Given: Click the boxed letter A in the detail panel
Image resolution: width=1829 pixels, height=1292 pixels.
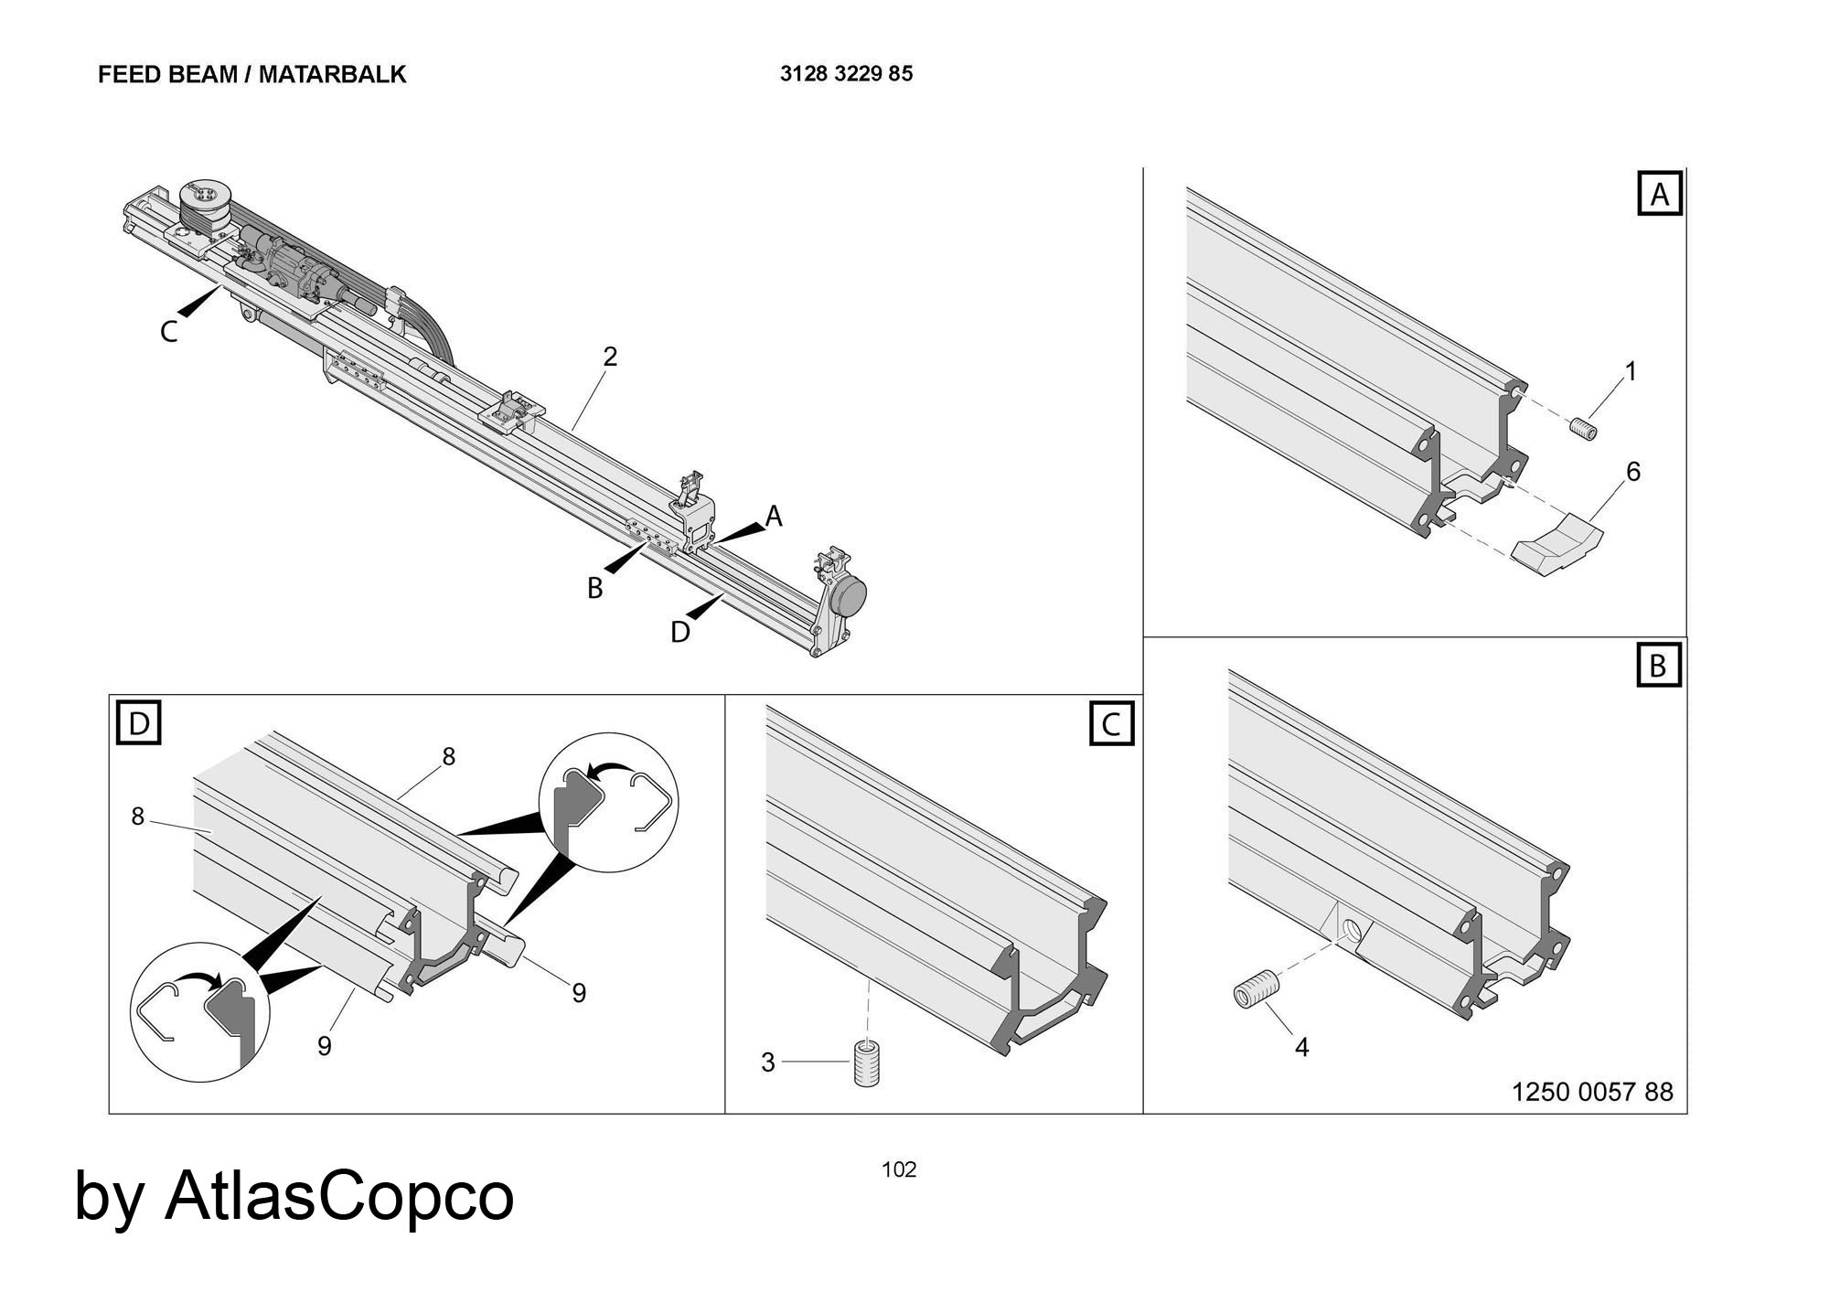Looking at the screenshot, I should (x=1660, y=195).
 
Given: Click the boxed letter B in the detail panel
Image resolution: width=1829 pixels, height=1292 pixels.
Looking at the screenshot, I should (x=1658, y=666).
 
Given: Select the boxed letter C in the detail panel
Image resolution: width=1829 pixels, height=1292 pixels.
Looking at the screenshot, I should (x=1111, y=724).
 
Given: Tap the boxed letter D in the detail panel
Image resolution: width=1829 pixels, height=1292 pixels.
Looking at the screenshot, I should (x=139, y=724).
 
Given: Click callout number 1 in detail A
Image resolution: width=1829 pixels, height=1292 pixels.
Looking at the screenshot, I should (x=1630, y=371).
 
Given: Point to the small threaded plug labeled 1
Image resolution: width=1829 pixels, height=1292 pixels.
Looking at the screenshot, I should (x=1585, y=428).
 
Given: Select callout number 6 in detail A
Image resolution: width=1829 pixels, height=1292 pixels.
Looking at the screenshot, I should (x=1632, y=472).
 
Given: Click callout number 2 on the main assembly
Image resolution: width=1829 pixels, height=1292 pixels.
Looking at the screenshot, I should (x=610, y=357).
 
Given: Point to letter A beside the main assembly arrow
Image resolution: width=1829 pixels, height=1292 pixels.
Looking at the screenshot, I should (x=774, y=517).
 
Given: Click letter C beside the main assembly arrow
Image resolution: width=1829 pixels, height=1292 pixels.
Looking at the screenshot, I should (x=168, y=332).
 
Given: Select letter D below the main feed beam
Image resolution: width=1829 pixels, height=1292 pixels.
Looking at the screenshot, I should (x=679, y=632).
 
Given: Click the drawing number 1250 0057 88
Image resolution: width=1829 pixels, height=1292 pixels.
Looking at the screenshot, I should (x=1592, y=1092).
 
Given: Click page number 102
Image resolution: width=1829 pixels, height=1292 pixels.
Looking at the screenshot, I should (x=898, y=1169).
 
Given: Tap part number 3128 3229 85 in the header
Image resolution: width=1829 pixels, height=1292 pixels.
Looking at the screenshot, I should (x=846, y=74).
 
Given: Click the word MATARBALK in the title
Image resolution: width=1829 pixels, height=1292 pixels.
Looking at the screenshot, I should (x=332, y=75).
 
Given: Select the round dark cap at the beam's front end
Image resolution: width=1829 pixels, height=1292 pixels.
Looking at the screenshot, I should (x=849, y=595).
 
